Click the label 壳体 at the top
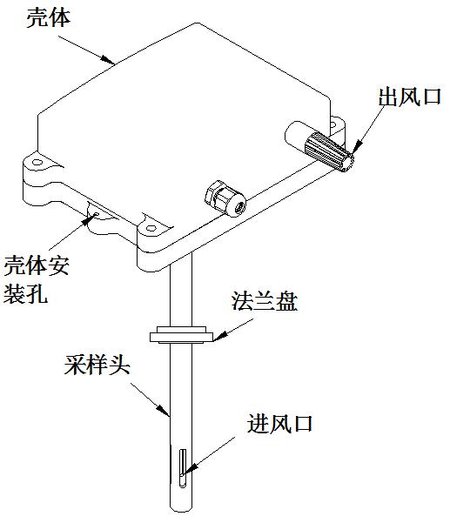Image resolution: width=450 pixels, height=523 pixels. [49, 18]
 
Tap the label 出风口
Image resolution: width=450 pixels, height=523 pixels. [410, 97]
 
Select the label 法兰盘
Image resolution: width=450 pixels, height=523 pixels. [265, 301]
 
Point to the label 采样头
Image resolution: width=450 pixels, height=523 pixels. [97, 365]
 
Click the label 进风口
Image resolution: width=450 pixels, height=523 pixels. [279, 424]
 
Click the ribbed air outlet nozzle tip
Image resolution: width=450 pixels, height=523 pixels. [329, 152]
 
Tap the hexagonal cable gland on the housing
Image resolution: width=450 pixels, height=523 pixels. [225, 198]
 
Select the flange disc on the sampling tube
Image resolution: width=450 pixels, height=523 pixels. [181, 334]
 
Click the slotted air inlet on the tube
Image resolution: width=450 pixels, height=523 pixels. [182, 468]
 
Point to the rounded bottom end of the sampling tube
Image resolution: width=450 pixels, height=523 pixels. [181, 509]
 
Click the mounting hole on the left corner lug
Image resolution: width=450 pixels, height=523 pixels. [37, 163]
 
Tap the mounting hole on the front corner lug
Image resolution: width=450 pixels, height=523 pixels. [151, 229]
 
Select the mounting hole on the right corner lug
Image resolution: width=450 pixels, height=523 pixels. [332, 124]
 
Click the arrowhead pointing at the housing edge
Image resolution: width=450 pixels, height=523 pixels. [108, 59]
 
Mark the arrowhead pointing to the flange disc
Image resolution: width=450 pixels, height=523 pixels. [221, 336]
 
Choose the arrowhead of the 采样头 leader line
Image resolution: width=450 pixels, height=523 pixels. [163, 410]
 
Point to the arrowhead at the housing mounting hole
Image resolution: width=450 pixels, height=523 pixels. [91, 218]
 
